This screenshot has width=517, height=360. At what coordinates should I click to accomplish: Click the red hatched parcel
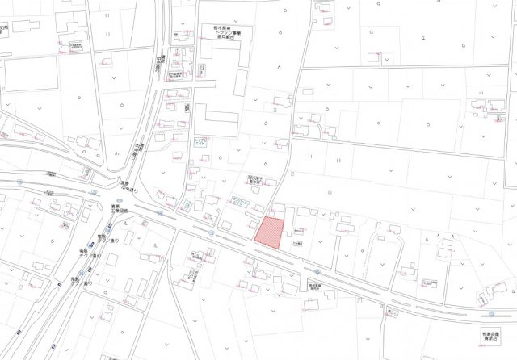pyautogui.click(x=270, y=232)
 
